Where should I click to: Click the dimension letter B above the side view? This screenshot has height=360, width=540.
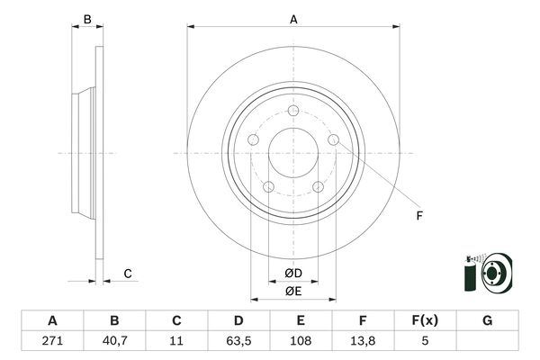tap(86, 18)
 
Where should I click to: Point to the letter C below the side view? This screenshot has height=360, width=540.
tap(128, 273)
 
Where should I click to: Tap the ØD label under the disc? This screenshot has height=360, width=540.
tap(293, 273)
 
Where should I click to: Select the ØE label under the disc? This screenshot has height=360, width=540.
tap(293, 291)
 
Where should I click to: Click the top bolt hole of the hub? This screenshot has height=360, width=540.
tap(294, 111)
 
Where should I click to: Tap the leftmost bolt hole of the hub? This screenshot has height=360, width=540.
tap(254, 140)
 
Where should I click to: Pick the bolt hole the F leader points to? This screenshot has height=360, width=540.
tap(334, 140)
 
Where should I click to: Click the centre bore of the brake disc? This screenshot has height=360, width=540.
tap(293, 150)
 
